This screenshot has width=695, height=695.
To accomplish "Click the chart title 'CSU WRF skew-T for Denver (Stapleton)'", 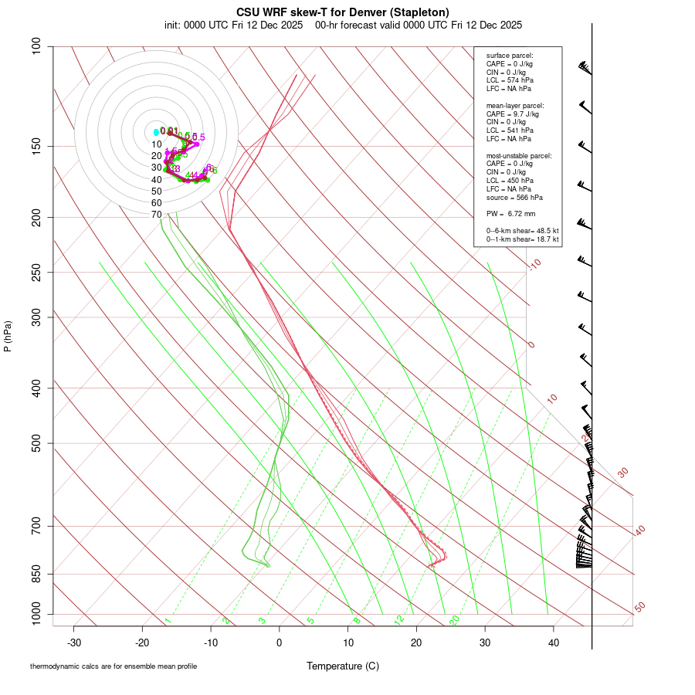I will (342, 12).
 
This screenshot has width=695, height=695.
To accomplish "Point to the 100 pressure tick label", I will (36, 46).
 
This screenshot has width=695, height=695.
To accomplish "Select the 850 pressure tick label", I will (36, 574).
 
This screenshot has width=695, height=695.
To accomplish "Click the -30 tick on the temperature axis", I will (74, 642).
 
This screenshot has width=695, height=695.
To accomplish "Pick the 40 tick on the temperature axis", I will (553, 642).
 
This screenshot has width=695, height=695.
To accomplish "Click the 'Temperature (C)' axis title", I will (343, 666).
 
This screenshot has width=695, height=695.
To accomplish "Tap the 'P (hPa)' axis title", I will (8, 336).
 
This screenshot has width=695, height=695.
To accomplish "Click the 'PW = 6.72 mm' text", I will (510, 213).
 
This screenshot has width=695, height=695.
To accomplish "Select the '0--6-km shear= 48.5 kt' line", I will (522, 231).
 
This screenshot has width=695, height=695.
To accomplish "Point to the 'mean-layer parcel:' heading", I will (515, 105).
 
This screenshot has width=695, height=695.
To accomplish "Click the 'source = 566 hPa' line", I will (514, 198).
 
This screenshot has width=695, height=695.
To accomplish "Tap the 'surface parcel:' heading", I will (510, 56).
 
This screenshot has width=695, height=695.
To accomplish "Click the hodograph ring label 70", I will (157, 215).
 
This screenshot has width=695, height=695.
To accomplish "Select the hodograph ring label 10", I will (157, 144).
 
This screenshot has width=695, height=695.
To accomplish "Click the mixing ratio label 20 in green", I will (454, 619).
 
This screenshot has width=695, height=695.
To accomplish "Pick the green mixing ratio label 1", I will (168, 620).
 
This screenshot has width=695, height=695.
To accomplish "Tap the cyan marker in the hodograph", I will (156, 132).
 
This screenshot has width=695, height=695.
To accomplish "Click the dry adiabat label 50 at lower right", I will (639, 608).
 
